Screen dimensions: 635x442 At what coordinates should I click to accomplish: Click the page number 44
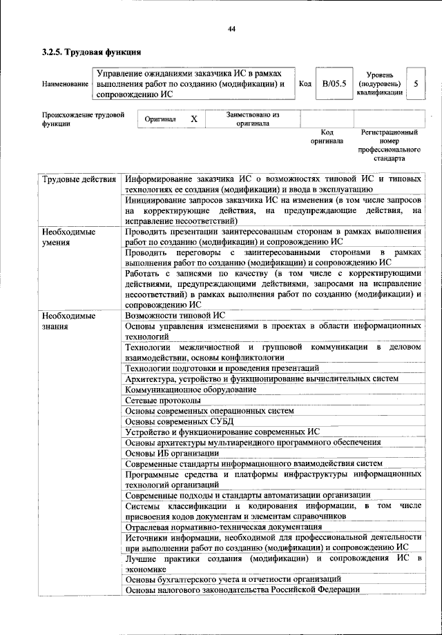pos(231,28)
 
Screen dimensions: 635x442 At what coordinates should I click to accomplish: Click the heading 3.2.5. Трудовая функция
pos(92,51)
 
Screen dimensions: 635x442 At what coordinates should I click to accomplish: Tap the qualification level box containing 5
pos(416,83)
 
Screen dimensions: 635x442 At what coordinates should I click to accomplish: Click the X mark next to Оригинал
pos(194,119)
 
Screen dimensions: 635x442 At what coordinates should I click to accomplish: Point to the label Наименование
pos(66,84)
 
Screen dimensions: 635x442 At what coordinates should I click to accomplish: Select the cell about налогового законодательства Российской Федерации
pos(242,589)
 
